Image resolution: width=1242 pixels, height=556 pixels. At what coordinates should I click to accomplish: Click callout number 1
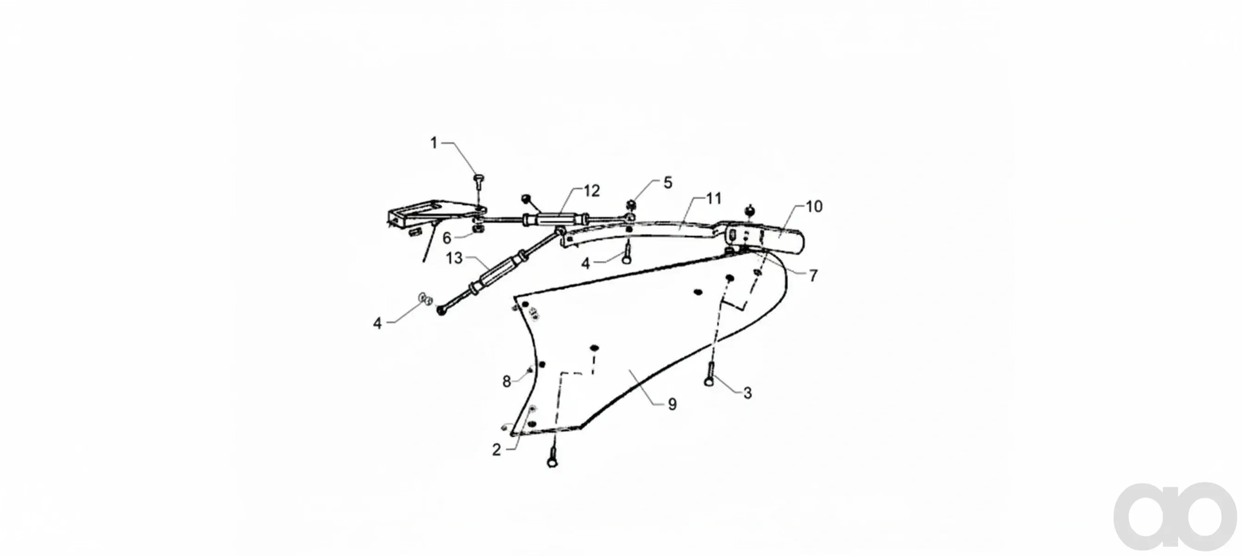point(433,143)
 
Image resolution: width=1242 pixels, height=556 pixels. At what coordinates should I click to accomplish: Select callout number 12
point(591,191)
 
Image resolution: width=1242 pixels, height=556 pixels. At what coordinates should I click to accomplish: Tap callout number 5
point(668,183)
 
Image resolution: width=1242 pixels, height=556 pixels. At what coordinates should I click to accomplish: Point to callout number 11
point(714,199)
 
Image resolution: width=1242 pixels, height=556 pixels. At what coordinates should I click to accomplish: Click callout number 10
point(815,206)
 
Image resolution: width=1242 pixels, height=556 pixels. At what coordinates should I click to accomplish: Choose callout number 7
point(813,275)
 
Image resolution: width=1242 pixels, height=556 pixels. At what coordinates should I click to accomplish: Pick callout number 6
point(447,238)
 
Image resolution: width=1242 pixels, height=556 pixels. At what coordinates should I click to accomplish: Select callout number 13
point(454,258)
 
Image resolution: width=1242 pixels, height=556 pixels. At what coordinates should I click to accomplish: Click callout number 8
point(506,381)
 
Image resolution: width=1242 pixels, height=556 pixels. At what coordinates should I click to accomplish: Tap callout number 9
point(672,404)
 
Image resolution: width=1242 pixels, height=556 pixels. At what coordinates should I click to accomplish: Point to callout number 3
point(747,393)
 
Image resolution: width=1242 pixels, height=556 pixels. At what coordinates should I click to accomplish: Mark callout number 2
point(496,449)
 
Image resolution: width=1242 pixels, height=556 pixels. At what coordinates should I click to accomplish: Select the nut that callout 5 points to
point(631,204)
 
